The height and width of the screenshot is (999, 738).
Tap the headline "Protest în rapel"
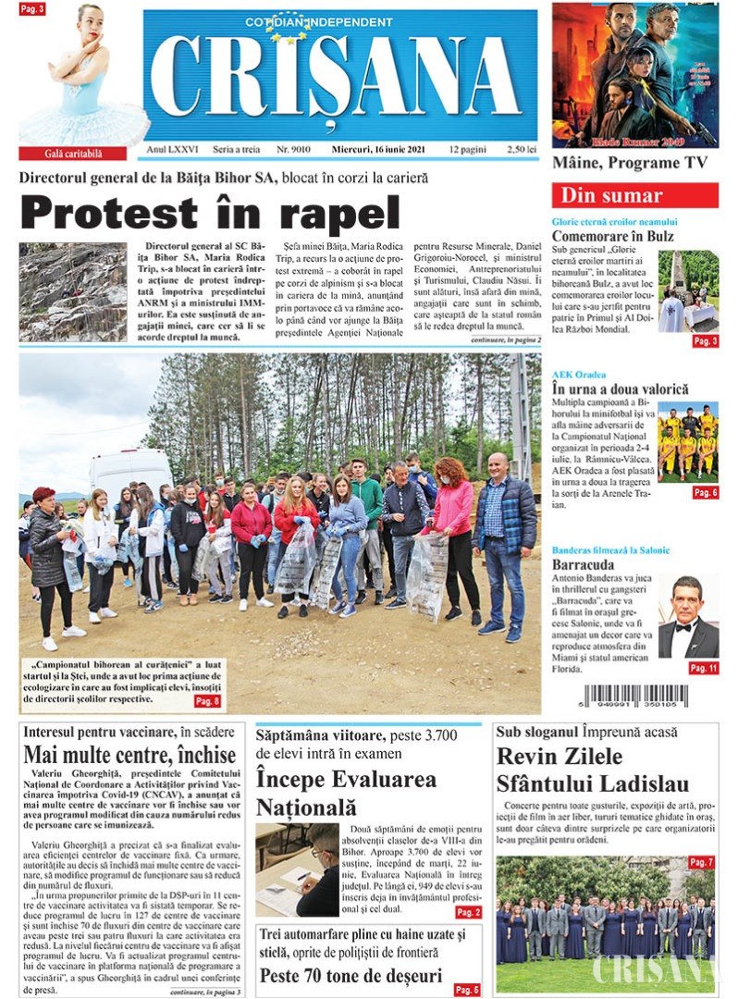(210, 213)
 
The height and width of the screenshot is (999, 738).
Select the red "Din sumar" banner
(634, 195)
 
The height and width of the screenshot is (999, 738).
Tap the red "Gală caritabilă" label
(73, 153)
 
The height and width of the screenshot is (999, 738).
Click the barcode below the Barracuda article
(635, 697)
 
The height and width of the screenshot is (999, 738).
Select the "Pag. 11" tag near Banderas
(703, 668)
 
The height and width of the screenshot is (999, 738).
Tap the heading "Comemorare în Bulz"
(612, 237)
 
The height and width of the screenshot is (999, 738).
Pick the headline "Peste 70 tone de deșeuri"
(351, 975)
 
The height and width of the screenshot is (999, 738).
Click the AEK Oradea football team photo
(687, 442)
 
